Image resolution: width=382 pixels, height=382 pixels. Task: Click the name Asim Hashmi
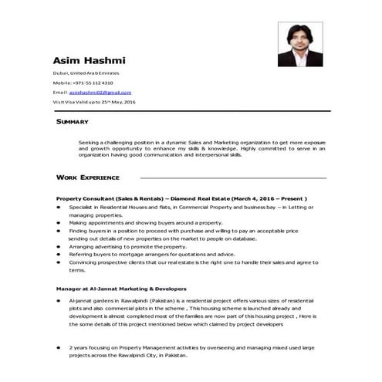point(90,61)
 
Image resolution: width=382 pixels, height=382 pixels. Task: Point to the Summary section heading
point(73,122)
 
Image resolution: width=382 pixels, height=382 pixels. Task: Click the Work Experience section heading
point(88,177)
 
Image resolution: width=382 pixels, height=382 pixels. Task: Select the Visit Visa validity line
point(93,102)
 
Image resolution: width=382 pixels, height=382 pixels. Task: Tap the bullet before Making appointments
point(59,222)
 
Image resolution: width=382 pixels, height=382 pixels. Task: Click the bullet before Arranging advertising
point(59,246)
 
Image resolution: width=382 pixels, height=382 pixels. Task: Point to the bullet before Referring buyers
point(59,254)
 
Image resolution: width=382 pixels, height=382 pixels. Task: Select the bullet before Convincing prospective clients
point(59,262)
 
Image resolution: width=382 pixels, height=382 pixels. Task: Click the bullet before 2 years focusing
point(59,347)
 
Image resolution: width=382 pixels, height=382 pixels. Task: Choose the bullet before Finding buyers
point(59,230)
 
